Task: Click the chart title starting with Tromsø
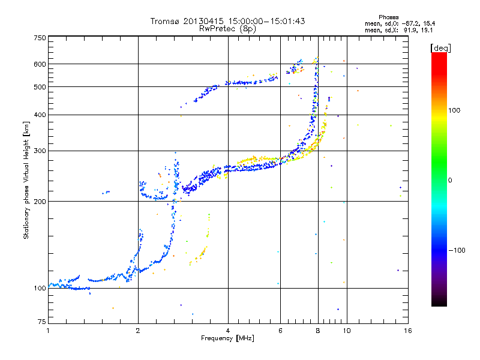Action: [228, 21]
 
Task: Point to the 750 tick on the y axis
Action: [40, 37]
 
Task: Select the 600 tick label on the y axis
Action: [40, 64]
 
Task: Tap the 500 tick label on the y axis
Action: [40, 87]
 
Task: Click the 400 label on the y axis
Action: [40, 115]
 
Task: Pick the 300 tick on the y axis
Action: [40, 151]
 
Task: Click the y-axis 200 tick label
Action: [40, 202]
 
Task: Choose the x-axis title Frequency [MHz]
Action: [227, 338]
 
